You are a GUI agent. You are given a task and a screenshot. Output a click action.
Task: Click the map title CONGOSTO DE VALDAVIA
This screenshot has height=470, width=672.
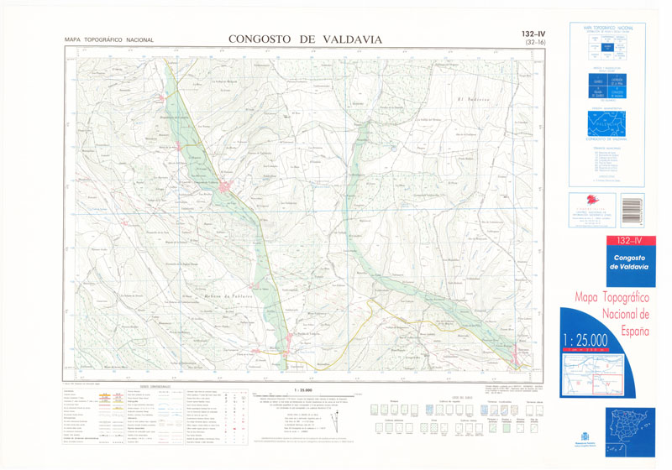pyautogui.click(x=305, y=39)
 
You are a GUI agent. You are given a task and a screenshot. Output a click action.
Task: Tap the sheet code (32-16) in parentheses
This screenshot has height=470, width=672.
pyautogui.click(x=533, y=42)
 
